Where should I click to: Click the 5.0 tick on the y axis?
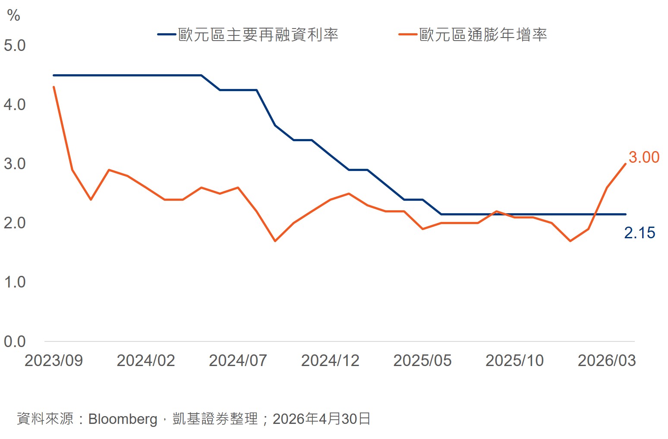(15, 46)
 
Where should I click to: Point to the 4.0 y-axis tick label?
(15, 105)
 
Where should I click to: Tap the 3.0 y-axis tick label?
(15, 164)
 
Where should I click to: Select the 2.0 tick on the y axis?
(15, 223)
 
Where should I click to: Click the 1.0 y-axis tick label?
(15, 282)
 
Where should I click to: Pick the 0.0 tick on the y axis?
(15, 341)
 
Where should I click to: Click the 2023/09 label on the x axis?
(54, 360)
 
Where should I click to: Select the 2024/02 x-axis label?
(146, 360)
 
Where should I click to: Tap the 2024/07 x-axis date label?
(238, 360)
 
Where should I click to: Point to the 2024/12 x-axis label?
(330, 360)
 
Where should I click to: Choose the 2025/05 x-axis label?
(422, 360)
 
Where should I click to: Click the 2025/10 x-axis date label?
(514, 360)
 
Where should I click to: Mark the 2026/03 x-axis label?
(607, 360)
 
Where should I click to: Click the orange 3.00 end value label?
(644, 157)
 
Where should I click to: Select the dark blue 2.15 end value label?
(640, 233)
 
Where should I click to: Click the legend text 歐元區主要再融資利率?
(258, 35)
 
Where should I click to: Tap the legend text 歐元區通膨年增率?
(483, 35)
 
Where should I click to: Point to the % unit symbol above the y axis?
(13, 15)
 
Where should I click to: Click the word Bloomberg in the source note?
(123, 419)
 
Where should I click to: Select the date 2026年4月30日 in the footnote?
(321, 419)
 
